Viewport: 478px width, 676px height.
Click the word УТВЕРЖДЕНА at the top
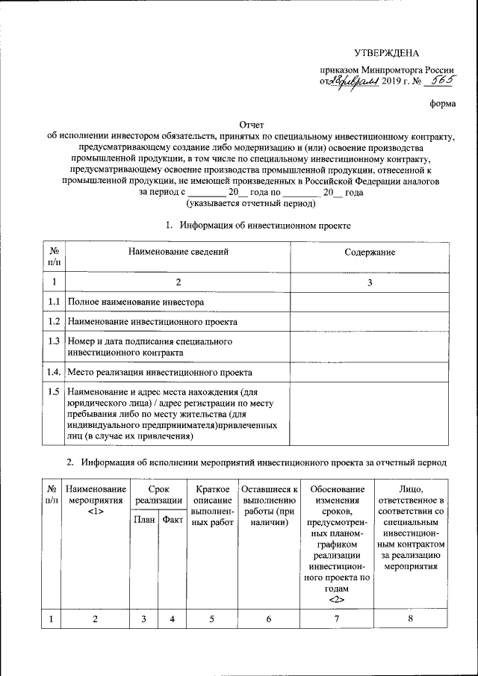coord(386,52)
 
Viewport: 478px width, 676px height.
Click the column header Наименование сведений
coord(178,252)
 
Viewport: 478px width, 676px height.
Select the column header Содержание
coord(370,252)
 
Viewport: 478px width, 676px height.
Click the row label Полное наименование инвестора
coord(136,302)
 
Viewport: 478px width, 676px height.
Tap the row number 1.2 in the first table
coord(54,322)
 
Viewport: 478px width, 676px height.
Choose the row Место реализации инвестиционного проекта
coord(159,371)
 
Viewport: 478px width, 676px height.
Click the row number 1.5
coord(54,391)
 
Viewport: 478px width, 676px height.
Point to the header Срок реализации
coord(158,494)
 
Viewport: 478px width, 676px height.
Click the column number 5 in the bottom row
coord(211,618)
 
